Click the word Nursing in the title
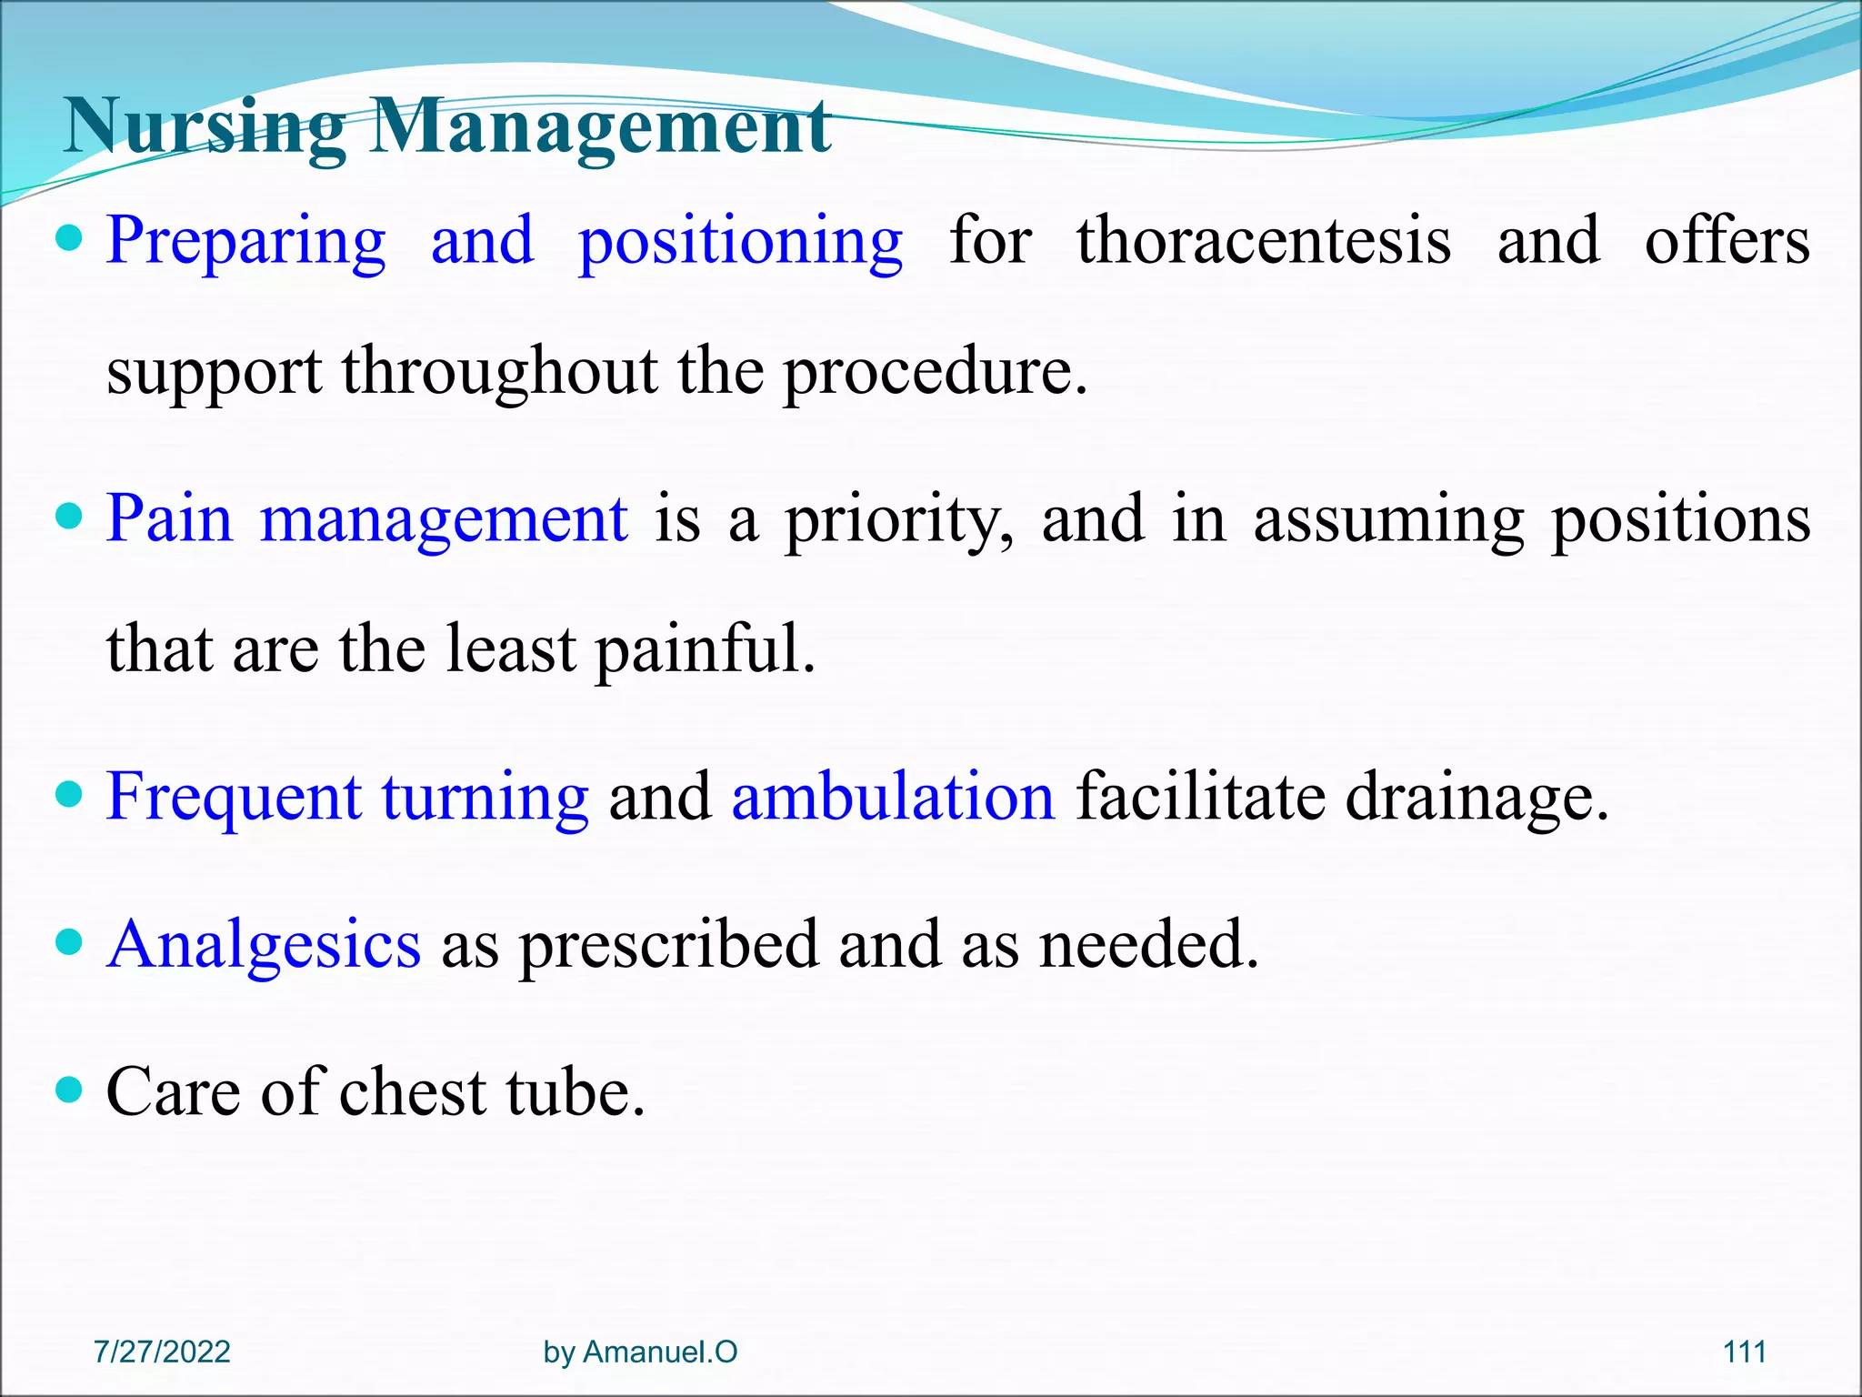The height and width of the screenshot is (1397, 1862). coord(205,127)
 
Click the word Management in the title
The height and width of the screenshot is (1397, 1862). coord(600,127)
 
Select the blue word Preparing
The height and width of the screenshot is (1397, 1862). coord(245,242)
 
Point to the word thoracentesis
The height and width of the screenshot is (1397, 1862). coord(1264,242)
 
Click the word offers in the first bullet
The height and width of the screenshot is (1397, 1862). coord(1727,242)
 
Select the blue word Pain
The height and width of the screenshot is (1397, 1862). coord(169,519)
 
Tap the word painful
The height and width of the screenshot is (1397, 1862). coord(706,651)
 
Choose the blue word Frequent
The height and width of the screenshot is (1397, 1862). coord(234,798)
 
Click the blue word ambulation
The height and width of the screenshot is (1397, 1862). coord(893,798)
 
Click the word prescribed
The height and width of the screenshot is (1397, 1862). coord(668,946)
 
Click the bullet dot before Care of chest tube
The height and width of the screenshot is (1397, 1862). coord(69,1089)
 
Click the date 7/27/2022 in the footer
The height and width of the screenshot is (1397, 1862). coord(162,1352)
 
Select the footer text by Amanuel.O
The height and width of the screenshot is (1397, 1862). coord(640,1352)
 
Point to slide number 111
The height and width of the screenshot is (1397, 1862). coord(1744,1352)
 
